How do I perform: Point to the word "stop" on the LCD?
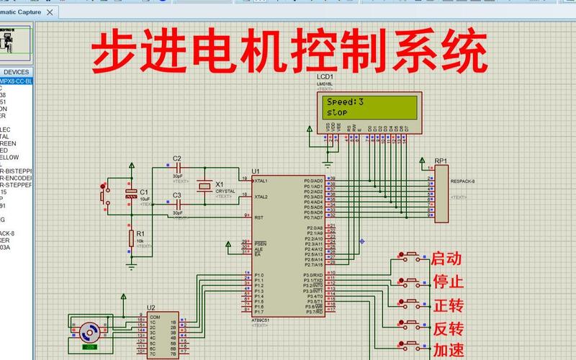[338, 113]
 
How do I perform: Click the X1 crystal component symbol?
[205, 186]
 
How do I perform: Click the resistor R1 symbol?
[131, 238]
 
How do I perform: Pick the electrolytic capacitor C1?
[131, 193]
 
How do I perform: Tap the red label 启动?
[446, 258]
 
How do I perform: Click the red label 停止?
[446, 282]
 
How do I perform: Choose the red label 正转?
[446, 305]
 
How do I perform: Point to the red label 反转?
[446, 329]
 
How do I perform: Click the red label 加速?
[446, 351]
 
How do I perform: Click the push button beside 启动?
[411, 255]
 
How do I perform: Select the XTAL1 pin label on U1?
[261, 181]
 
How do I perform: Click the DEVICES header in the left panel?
[16, 72]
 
